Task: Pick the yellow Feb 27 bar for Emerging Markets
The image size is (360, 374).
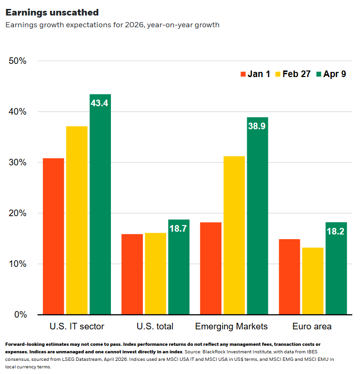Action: [234, 235]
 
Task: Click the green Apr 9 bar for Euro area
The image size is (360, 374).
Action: [336, 268]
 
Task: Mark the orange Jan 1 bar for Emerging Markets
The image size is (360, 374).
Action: [211, 268]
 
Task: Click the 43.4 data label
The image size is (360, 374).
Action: [100, 103]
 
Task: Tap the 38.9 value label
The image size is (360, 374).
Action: [257, 126]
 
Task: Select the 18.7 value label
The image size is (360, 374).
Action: [179, 228]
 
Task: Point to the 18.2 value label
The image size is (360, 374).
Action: [336, 231]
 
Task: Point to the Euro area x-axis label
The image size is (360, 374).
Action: [312, 326]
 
